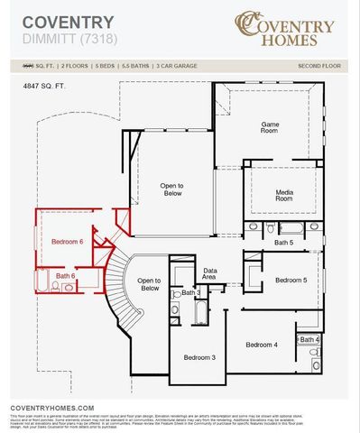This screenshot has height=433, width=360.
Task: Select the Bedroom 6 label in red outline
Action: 67,242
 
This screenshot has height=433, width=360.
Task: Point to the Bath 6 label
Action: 65,275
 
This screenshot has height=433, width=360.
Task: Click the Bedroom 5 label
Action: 291,280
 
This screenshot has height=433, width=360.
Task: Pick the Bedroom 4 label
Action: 261,345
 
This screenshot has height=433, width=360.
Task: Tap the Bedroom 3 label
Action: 199,357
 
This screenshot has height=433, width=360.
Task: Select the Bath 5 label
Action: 284,243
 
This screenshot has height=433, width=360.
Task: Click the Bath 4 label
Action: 309,339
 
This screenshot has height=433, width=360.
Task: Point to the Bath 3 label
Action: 191,293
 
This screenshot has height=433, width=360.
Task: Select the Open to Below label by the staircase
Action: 149,284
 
